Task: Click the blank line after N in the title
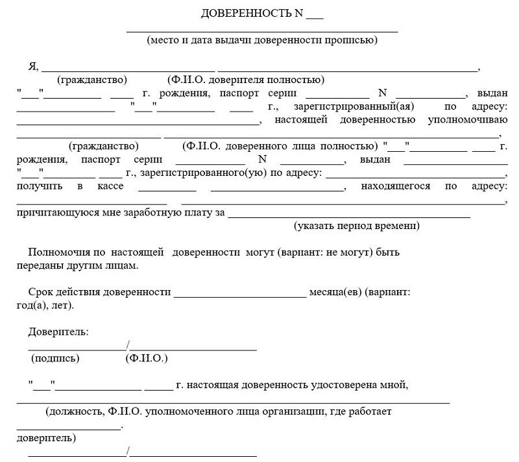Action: coord(314,16)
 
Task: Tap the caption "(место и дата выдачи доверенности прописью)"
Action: coord(262,40)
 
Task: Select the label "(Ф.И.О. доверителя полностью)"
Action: coord(245,80)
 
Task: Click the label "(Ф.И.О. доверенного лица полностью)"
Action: coord(280,146)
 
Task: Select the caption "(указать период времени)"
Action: coord(356,226)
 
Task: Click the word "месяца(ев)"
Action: coord(336,292)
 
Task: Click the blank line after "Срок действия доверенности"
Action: coord(240,295)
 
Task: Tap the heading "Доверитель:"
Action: coord(58,332)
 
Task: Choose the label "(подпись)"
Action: coord(55,358)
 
